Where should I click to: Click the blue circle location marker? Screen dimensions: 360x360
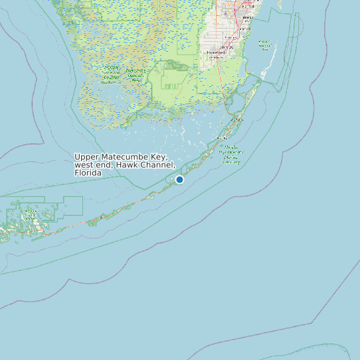(179, 179)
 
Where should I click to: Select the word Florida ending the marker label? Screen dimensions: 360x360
(88, 173)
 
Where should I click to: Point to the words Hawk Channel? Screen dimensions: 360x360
(149, 165)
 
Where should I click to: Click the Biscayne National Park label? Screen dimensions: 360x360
(265, 45)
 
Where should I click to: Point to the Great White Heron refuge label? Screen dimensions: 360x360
(30, 214)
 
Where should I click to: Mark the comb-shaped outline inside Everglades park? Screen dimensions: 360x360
(171, 86)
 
